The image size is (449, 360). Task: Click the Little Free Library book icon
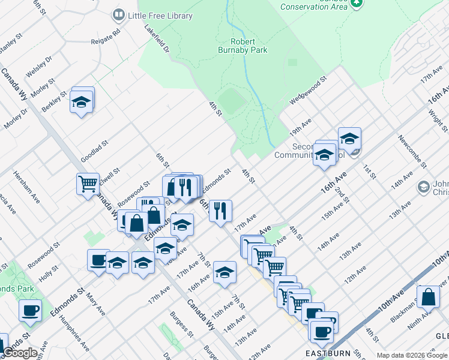[119, 14]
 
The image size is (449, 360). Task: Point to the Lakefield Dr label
[157, 38]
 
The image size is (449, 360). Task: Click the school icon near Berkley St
[82, 102]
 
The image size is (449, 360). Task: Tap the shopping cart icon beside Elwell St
[88, 183]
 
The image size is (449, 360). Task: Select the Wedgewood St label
[308, 90]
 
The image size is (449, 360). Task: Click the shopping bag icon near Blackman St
[429, 297]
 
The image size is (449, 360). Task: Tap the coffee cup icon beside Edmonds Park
[30, 311]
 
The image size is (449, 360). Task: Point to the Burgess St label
[179, 325]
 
